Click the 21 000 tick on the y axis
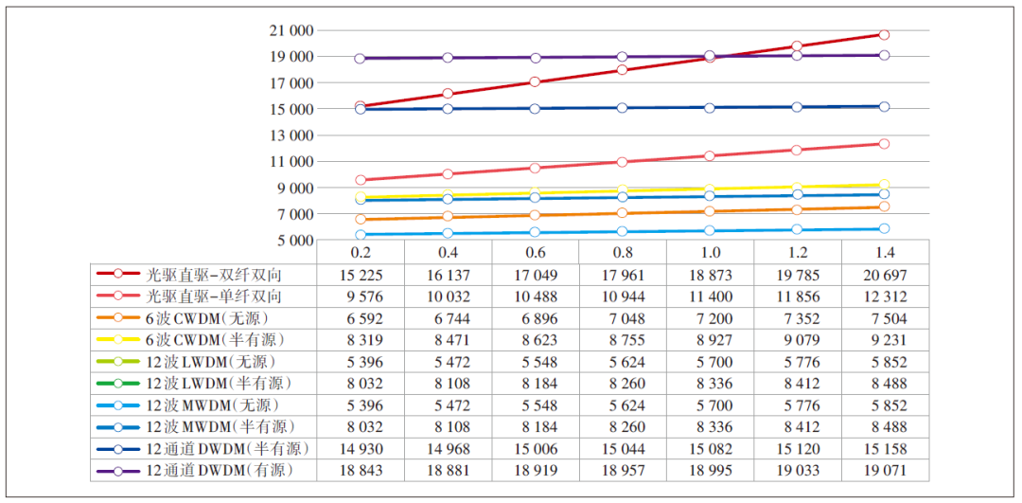[x=289, y=30]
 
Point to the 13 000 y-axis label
[x=289, y=135]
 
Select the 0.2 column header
[x=360, y=253]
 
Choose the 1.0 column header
[x=711, y=253]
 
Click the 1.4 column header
[x=886, y=253]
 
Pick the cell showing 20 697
[x=886, y=275]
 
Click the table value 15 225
[x=360, y=275]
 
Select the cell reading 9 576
[x=360, y=296]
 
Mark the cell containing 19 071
[x=886, y=470]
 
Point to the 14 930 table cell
[x=360, y=448]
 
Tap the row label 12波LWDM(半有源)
[x=219, y=383]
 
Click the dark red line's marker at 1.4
[x=884, y=35]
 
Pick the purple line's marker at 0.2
[x=360, y=59]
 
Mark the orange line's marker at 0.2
[x=360, y=220]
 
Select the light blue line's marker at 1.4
[x=884, y=228]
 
